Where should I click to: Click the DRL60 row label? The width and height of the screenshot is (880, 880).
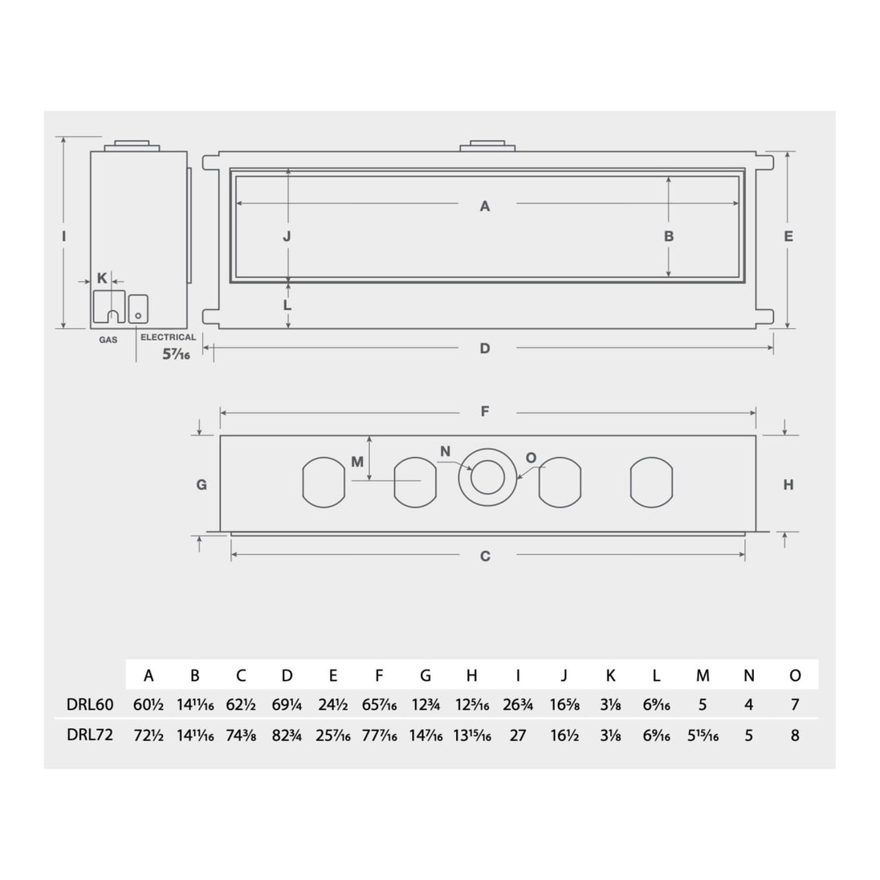click(x=90, y=704)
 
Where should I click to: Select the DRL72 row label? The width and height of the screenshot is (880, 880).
click(x=90, y=735)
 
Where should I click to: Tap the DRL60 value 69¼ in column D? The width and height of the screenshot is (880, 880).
click(x=287, y=704)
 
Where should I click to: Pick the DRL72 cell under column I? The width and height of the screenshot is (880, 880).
click(x=517, y=735)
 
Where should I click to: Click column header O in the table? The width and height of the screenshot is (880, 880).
click(x=795, y=675)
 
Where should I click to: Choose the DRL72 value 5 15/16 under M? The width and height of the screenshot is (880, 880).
click(x=703, y=735)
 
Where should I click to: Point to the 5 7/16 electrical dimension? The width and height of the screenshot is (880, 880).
click(x=176, y=354)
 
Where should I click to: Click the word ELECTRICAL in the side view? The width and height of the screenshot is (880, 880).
click(x=169, y=337)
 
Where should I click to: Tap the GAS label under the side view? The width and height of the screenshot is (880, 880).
click(x=108, y=340)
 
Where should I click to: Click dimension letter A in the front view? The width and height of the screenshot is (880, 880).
click(x=485, y=206)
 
